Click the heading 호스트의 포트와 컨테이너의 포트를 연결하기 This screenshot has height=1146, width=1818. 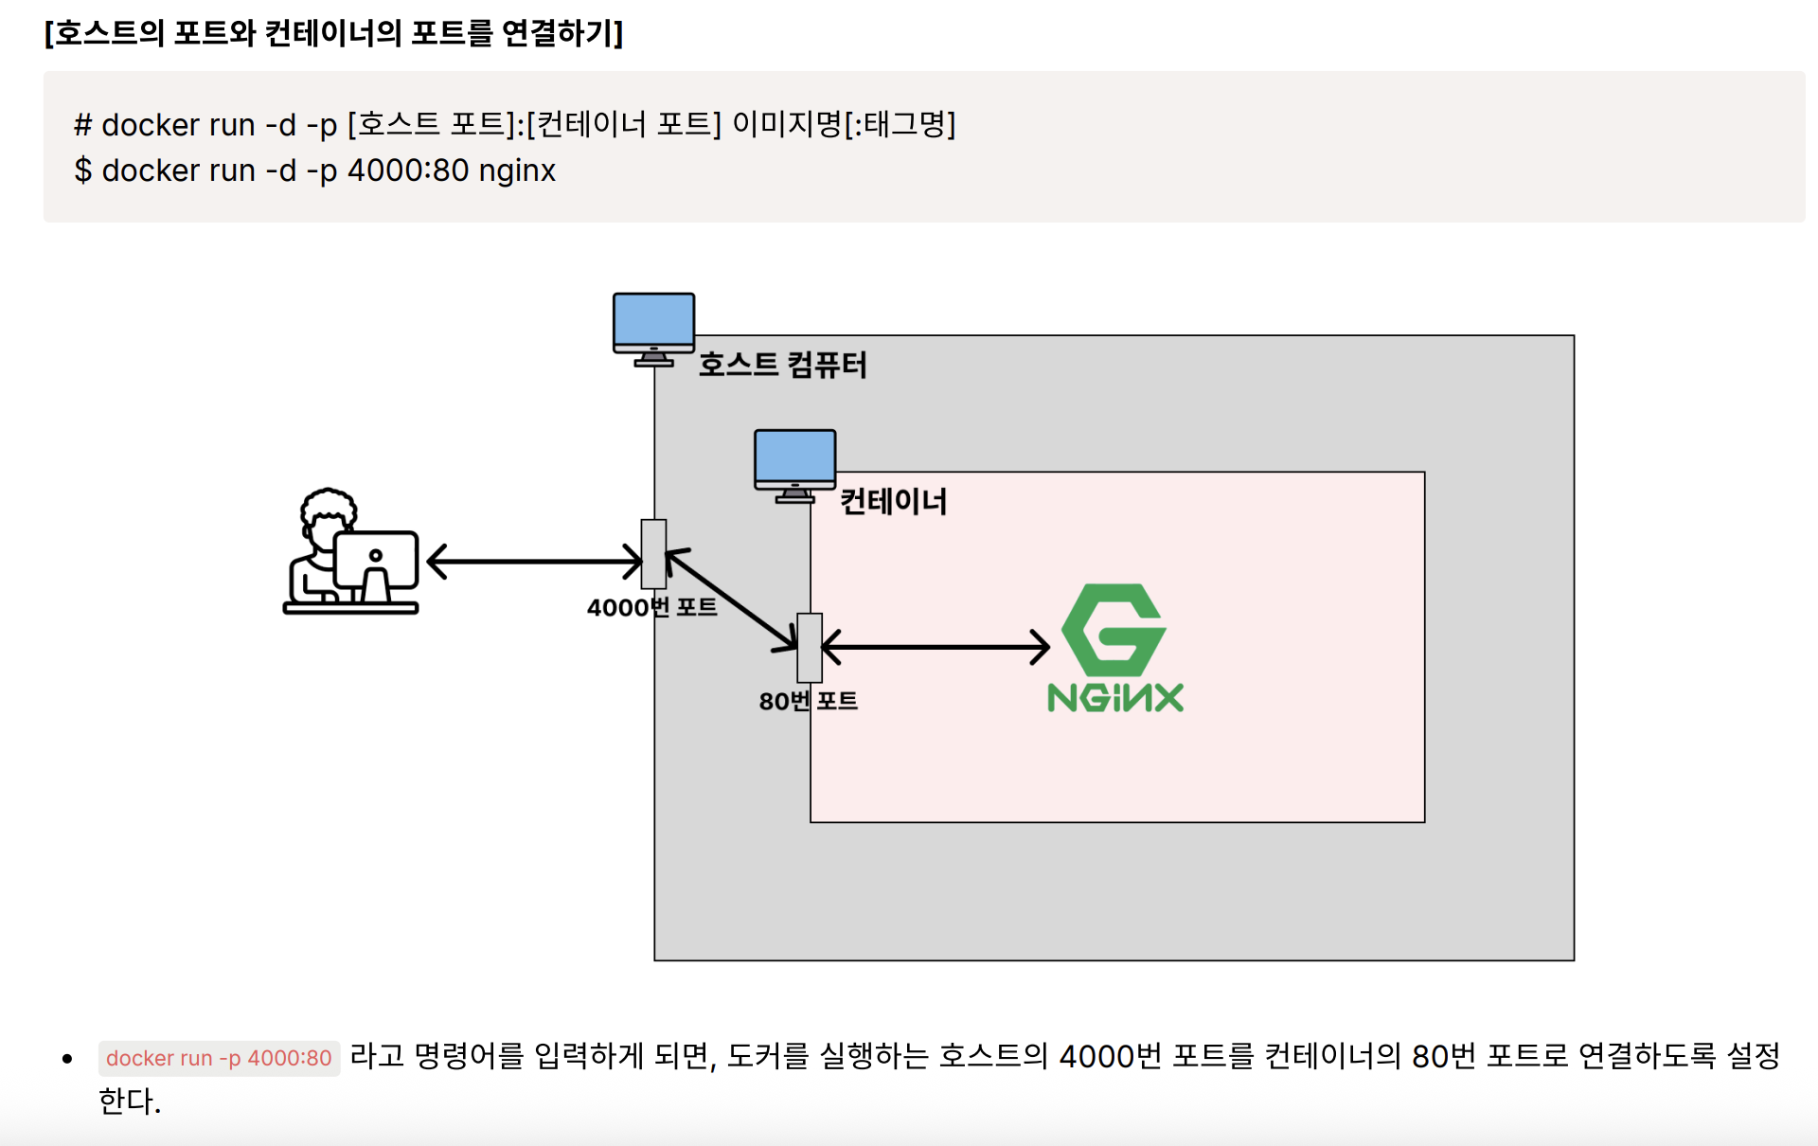pos(333,33)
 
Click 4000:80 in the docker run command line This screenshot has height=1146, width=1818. pos(408,170)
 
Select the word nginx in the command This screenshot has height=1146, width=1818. pos(517,171)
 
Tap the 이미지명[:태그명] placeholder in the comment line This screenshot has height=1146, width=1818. pos(844,124)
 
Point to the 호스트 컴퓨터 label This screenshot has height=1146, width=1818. pos(782,365)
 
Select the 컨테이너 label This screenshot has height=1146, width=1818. pos(893,501)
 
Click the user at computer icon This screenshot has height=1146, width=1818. pos(351,552)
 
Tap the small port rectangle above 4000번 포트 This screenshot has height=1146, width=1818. pos(653,554)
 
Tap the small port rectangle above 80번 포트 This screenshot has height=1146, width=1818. pos(810,648)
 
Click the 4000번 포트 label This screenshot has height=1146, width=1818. pos(651,607)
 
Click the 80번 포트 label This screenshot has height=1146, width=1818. pos(808,701)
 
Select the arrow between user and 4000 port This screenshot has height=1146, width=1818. pos(535,562)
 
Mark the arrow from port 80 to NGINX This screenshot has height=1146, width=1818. pos(936,648)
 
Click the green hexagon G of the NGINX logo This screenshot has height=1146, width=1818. pos(1114,629)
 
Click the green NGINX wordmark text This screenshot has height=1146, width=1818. pos(1115,698)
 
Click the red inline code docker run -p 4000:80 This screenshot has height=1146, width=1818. pos(219,1058)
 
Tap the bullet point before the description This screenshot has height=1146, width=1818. pos(67,1059)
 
